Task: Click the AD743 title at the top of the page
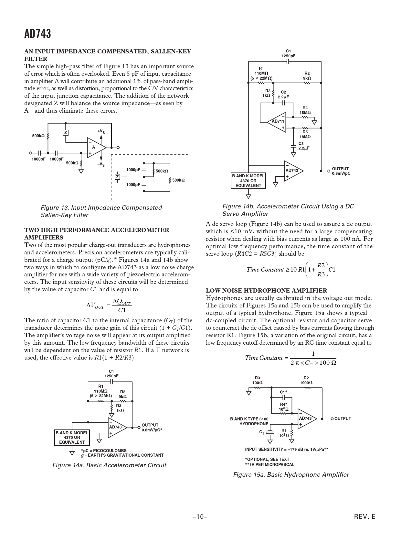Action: [37, 34]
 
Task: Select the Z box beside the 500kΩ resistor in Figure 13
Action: [66, 133]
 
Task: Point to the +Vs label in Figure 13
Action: [101, 132]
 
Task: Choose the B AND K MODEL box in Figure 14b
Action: [248, 181]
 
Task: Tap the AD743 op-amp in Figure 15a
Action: [306, 419]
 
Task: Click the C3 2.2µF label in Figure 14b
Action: [304, 146]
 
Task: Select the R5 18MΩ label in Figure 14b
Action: [305, 134]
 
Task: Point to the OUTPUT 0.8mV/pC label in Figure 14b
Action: [341, 171]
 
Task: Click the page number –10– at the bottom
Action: [200, 517]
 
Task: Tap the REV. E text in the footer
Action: [364, 517]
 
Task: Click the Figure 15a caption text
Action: [291, 474]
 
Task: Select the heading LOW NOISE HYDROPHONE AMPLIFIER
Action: [267, 291]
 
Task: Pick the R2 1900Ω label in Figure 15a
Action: [306, 380]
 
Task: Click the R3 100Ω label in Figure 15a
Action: [258, 380]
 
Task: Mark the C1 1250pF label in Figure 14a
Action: [111, 373]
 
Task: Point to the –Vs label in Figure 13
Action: [101, 164]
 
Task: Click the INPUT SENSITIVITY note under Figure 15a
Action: [287, 449]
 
